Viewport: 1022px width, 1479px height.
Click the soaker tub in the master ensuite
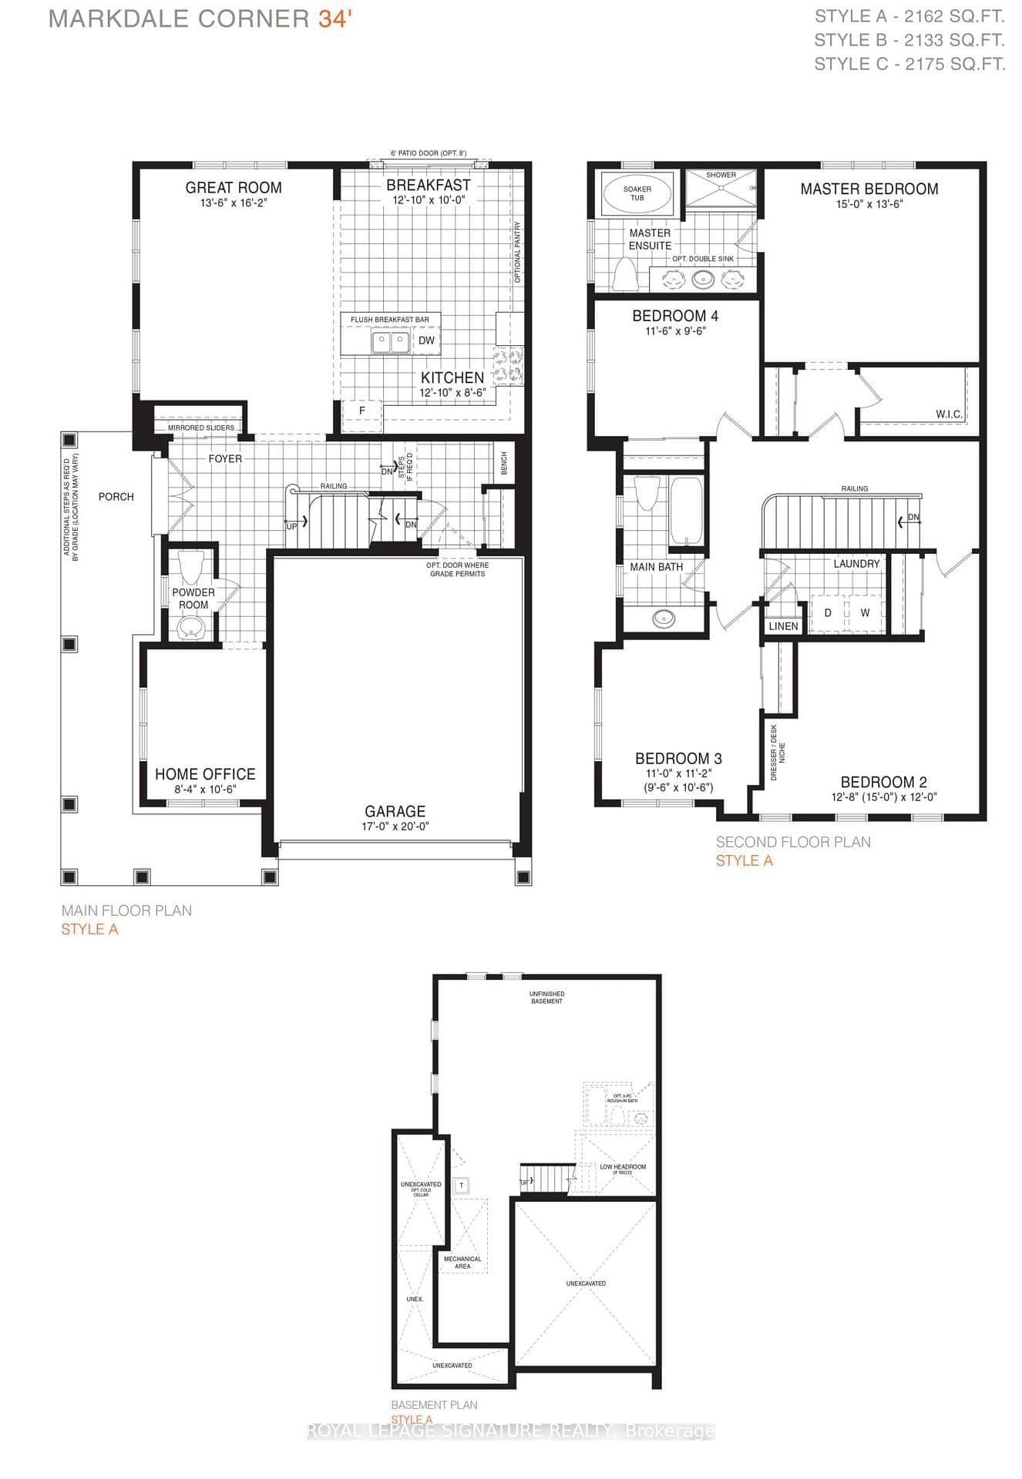click(x=637, y=193)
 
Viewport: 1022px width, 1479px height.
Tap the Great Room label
click(x=234, y=187)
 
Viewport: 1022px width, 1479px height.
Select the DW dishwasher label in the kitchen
click(x=426, y=340)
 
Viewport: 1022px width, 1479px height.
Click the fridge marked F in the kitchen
click(x=362, y=411)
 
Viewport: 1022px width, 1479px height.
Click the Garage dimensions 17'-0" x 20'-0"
click(x=395, y=826)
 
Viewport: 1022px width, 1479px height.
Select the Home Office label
click(x=205, y=774)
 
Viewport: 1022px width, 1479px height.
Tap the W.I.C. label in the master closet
click(x=949, y=414)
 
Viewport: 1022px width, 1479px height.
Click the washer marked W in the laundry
click(x=865, y=613)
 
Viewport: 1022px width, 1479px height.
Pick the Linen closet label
click(x=783, y=626)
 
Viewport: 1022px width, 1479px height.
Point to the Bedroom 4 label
click(x=675, y=316)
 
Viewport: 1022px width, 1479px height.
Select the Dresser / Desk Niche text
click(x=778, y=753)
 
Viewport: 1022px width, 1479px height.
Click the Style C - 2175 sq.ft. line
click(x=909, y=64)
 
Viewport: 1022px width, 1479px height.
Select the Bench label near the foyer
click(x=504, y=463)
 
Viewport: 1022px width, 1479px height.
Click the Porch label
click(x=116, y=497)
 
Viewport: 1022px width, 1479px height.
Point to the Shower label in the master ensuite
click(x=721, y=175)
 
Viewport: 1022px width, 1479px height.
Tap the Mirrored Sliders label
click(x=201, y=428)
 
